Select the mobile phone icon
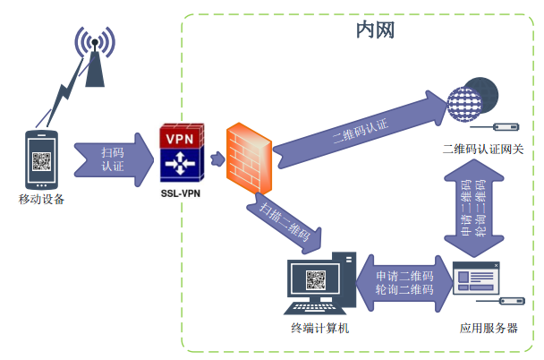[41, 159]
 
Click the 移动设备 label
[41, 199]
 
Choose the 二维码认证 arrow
[358, 126]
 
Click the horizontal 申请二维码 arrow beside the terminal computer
[404, 283]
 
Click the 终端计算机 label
[319, 329]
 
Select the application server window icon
[475, 280]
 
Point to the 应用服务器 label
[489, 329]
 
